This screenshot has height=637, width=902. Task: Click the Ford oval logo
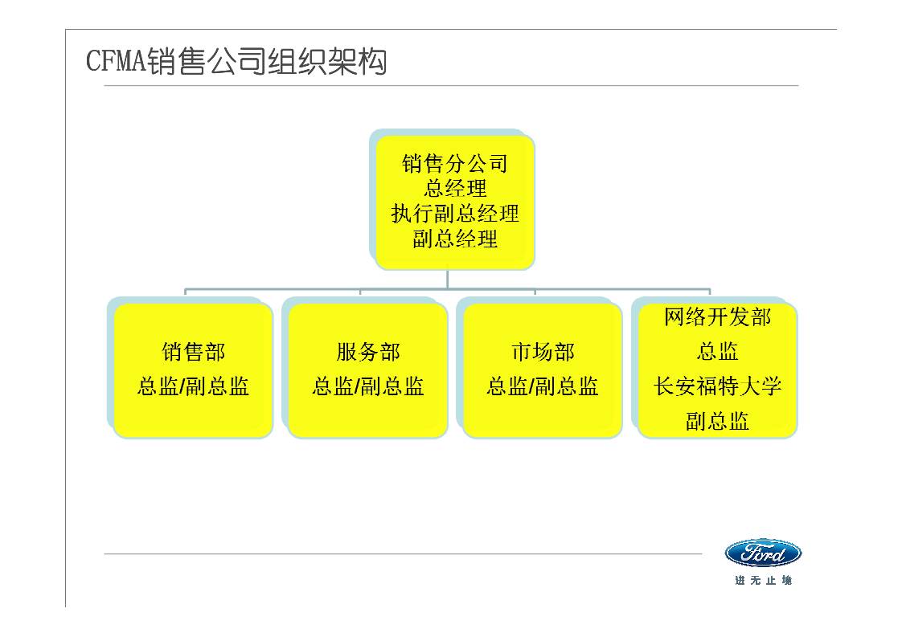763,553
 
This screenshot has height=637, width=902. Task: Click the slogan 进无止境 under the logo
763,581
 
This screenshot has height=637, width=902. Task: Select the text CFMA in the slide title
116,63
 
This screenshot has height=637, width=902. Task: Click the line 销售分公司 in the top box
455,165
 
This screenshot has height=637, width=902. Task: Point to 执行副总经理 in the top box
455,214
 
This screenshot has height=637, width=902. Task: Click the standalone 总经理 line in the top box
455,189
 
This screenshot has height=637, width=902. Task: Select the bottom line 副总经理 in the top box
455,239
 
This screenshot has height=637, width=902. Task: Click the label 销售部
193,352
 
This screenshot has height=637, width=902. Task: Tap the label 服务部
367,352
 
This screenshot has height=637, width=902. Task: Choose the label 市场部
542,352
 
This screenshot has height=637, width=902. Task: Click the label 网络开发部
717,317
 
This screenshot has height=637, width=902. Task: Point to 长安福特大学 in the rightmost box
717,386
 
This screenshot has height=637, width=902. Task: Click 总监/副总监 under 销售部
193,387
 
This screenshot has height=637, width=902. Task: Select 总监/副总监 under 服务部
367,387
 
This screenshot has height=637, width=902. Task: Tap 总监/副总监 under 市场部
542,387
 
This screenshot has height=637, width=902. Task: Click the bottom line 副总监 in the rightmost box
717,421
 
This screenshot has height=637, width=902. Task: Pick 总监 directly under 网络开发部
717,352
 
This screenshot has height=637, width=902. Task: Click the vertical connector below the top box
448,280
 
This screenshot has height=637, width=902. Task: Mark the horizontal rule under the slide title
450,85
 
